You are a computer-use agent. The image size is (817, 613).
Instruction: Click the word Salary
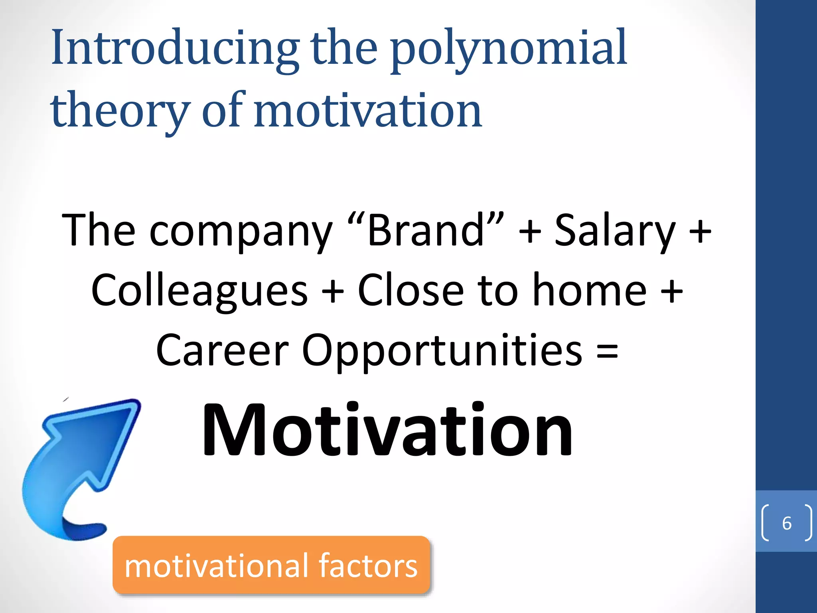(x=615, y=230)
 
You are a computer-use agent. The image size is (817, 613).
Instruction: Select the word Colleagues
(x=199, y=291)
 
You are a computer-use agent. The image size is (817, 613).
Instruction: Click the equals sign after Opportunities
(x=607, y=351)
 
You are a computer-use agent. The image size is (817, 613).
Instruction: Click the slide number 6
(x=787, y=523)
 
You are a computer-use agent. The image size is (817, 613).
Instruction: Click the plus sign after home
(x=672, y=291)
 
